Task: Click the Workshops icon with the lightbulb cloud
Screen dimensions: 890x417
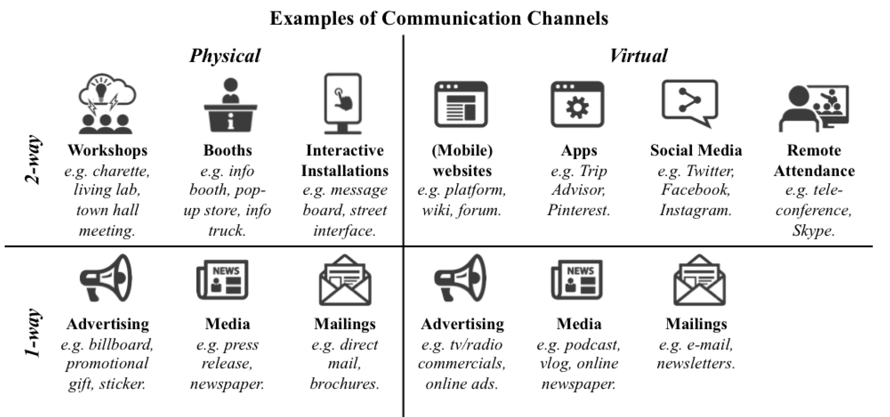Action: pos(107,103)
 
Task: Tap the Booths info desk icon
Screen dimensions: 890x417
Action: pos(230,105)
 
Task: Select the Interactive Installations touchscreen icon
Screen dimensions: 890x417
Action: pos(344,103)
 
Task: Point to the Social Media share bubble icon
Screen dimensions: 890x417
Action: pos(690,103)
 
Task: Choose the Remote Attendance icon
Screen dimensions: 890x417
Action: pos(814,108)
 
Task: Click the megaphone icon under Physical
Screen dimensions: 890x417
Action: pos(106,278)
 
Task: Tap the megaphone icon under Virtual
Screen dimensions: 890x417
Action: pos(460,278)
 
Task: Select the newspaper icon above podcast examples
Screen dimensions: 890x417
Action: pos(577,280)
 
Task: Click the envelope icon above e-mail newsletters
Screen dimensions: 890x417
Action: pos(699,280)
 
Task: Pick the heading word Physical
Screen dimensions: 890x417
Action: pos(225,56)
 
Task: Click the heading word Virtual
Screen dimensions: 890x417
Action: pos(638,56)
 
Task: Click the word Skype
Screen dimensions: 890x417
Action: pos(813,231)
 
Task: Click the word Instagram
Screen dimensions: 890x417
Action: pos(695,211)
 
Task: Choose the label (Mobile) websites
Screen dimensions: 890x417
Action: pos(462,160)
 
